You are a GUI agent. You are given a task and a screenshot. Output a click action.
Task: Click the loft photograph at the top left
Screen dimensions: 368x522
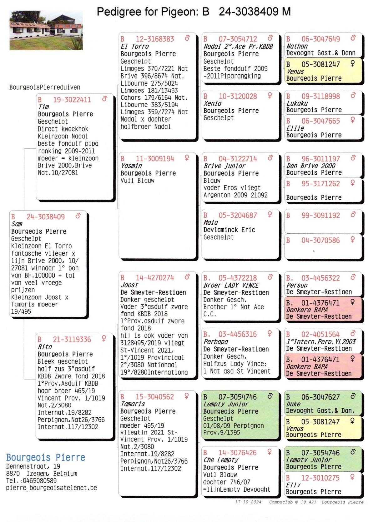pos(46,30)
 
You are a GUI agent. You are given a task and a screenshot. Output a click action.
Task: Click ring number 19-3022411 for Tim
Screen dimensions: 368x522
pos(72,100)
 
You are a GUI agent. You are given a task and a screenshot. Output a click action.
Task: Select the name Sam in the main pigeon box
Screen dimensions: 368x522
pos(17,224)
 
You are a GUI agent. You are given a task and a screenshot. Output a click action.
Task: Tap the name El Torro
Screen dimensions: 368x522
pos(134,46)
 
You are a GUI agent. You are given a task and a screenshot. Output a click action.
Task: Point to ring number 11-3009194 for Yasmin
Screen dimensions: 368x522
pos(155,159)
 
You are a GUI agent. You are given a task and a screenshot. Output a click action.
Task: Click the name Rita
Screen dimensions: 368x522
pos(45,347)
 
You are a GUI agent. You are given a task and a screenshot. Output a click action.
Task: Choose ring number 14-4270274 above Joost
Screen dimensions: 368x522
pos(155,278)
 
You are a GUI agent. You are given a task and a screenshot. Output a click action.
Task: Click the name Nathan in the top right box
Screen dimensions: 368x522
pos(297,46)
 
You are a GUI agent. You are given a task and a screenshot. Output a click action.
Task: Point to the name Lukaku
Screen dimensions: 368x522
pos(297,103)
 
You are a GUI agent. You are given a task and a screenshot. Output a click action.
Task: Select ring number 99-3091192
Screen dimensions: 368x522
pos(321,216)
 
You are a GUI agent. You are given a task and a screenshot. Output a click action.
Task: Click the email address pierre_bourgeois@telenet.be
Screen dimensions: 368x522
pos(52,488)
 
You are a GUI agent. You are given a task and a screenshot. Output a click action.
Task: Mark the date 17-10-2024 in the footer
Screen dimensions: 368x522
pos(248,502)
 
